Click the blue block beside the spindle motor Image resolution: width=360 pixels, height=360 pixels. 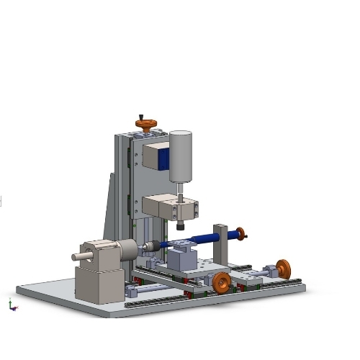164,158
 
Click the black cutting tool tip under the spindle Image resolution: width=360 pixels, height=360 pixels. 180,226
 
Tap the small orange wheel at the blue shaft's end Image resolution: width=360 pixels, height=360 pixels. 240,233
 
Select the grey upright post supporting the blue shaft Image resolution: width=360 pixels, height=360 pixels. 220,245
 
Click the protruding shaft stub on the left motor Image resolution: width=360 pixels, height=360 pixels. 80,256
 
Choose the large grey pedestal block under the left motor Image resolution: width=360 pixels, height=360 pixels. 99,284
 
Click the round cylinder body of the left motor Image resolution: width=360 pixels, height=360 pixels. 127,250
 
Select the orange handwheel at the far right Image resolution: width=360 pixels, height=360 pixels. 283,269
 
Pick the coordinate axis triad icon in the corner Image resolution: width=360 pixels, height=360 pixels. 11,305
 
